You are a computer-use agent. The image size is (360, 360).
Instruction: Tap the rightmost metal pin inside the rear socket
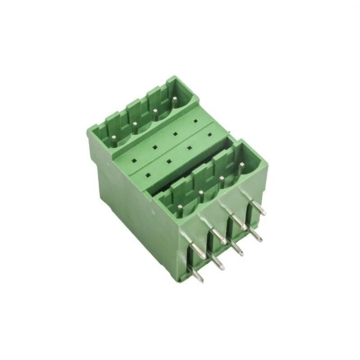coord(174,100)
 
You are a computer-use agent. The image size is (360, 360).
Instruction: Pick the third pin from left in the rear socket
coord(155,112)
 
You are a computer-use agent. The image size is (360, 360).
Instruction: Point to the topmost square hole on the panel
coord(194,120)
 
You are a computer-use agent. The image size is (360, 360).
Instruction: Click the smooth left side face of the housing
coord(133,210)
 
